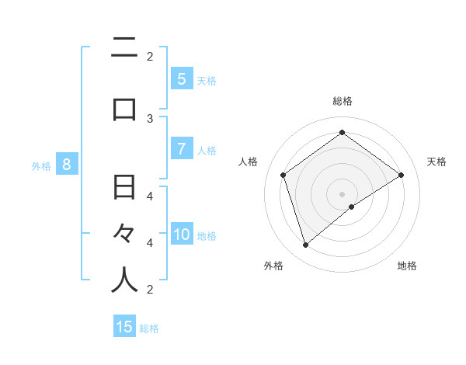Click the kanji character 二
(x=124, y=48)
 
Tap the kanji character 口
(x=124, y=109)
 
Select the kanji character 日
(x=124, y=187)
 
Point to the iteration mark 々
(x=124, y=232)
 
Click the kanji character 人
(x=124, y=280)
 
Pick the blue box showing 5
(x=181, y=78)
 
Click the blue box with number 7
(x=181, y=148)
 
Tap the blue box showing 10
(x=182, y=235)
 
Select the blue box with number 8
(x=67, y=164)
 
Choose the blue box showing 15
(x=124, y=327)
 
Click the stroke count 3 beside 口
(x=150, y=119)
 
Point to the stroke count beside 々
(x=150, y=242)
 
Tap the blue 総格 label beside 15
(x=150, y=328)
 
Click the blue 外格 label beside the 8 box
(x=40, y=165)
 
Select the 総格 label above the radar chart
(x=343, y=101)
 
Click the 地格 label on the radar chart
(x=407, y=266)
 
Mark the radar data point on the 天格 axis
(x=401, y=175)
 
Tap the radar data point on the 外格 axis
(x=306, y=245)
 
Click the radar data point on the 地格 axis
(x=352, y=207)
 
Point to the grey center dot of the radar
(x=342, y=193)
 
